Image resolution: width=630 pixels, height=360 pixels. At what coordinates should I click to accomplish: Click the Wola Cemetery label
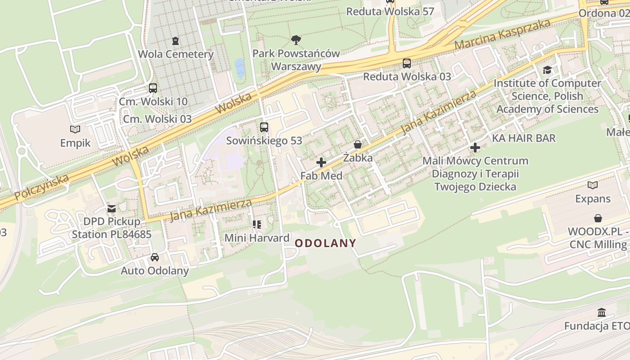(175, 54)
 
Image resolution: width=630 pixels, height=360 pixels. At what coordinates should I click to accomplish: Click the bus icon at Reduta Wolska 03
(407, 63)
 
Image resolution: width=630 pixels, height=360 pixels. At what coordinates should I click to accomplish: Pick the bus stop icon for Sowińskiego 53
(264, 127)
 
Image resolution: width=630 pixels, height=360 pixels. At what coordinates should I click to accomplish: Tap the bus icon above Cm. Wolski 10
(153, 88)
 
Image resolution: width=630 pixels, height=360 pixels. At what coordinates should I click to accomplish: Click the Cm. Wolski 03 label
(157, 119)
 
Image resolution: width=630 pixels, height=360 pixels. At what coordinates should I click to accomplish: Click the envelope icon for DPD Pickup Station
(111, 209)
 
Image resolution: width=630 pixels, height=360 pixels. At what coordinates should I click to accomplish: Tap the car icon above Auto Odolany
(155, 257)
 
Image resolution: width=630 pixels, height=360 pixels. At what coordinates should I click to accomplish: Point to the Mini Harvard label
(256, 238)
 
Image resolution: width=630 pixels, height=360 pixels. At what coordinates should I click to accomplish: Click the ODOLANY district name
(325, 243)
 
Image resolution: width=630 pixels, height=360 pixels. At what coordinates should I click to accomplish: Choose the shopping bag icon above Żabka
(358, 144)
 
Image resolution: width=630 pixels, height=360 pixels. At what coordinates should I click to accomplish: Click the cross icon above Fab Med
(321, 162)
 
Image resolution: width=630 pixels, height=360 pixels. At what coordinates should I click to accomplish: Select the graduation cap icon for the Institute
(547, 70)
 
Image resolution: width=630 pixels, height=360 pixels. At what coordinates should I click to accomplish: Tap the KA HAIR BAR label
(524, 138)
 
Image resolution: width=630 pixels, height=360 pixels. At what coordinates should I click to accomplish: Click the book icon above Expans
(593, 185)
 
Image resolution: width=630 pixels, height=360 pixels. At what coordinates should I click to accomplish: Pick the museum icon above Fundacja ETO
(602, 313)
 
